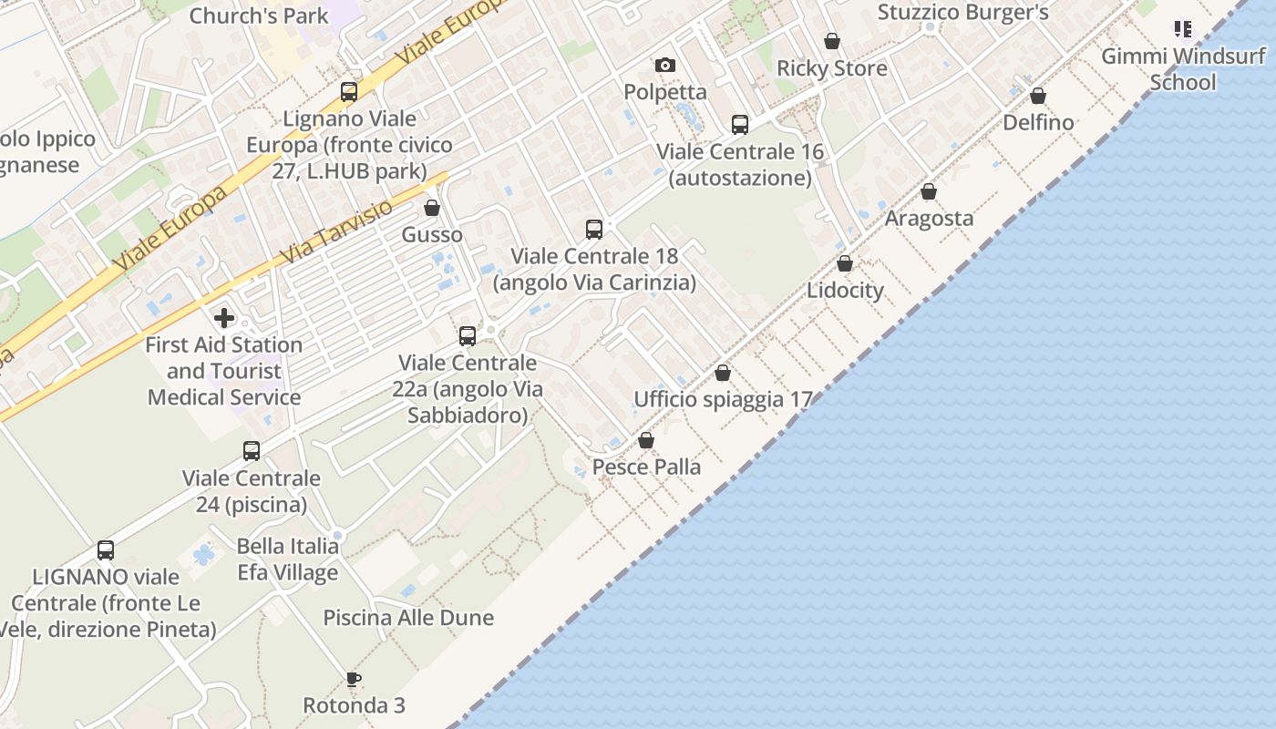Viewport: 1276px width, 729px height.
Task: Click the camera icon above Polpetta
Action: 665,65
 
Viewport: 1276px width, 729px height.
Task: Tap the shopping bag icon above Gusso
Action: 432,208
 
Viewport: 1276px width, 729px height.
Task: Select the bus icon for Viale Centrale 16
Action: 740,125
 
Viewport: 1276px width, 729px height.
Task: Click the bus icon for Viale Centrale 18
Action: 594,230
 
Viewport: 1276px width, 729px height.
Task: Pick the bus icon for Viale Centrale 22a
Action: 468,336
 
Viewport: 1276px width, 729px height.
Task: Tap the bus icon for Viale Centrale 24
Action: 252,451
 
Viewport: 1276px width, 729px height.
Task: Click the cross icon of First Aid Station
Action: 224,318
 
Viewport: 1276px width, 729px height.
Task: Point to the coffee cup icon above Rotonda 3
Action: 354,679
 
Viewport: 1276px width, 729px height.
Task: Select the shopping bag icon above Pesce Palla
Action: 646,441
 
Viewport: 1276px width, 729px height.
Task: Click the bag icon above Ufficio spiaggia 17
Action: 723,373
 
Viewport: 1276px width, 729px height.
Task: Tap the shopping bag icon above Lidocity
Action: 845,263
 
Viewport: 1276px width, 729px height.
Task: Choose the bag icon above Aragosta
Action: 929,191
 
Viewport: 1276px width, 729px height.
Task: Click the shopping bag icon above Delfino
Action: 1038,96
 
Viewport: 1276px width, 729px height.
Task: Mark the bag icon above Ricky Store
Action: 832,41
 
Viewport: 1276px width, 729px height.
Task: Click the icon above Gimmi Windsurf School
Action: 1183,29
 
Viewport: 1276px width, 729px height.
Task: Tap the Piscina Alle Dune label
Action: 408,618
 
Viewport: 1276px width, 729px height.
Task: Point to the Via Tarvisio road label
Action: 336,231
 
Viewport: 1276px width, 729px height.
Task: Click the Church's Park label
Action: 259,15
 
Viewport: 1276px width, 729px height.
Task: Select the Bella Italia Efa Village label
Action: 288,560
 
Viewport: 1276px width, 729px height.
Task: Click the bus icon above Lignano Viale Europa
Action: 349,92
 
